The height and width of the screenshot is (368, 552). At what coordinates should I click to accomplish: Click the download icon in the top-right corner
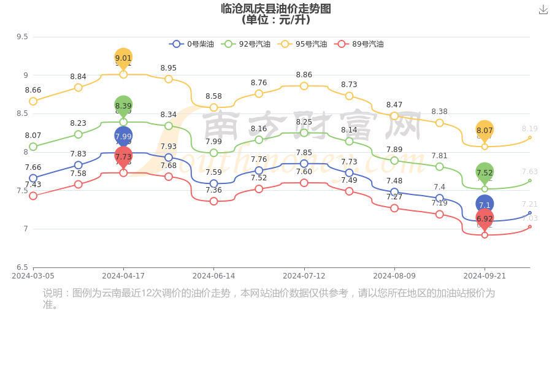(x=543, y=10)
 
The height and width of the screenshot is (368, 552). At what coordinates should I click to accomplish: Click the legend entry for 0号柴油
(x=192, y=44)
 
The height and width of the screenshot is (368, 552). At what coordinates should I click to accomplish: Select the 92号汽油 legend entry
(x=247, y=44)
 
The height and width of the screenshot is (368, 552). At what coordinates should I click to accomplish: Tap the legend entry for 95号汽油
(x=303, y=44)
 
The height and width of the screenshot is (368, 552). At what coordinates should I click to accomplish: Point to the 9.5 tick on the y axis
(x=22, y=37)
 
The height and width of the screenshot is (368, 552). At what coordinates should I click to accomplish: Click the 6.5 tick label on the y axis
(x=22, y=267)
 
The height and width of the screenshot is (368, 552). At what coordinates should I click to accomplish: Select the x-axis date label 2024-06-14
(x=213, y=276)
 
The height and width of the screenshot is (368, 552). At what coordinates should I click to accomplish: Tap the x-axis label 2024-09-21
(x=485, y=276)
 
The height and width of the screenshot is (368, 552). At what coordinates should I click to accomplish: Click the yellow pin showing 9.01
(x=123, y=58)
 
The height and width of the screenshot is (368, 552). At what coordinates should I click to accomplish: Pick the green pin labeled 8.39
(x=123, y=105)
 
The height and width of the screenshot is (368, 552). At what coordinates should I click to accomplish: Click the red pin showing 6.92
(x=485, y=218)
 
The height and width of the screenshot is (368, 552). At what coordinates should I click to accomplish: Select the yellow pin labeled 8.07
(x=485, y=130)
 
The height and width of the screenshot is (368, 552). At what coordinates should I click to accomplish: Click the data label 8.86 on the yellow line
(x=304, y=75)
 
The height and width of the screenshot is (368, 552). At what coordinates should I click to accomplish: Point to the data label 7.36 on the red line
(x=213, y=190)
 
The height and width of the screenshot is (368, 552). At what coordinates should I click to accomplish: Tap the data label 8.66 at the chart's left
(x=33, y=90)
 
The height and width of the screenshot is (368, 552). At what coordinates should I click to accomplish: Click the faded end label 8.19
(x=529, y=129)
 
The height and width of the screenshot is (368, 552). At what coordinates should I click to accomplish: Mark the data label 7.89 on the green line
(x=394, y=150)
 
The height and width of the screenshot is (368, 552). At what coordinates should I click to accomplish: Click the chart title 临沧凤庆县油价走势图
(x=276, y=9)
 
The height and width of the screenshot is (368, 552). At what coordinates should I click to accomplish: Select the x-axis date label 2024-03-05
(x=33, y=276)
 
